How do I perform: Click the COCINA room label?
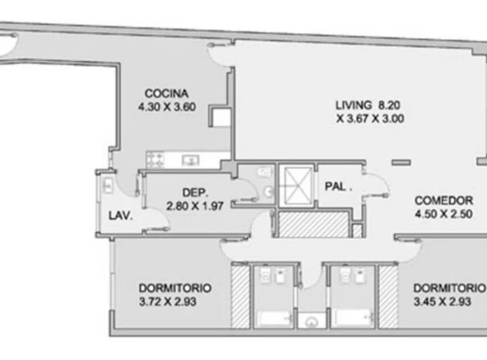click(x=166, y=93)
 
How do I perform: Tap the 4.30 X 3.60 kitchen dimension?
click(x=167, y=107)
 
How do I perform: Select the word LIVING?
click(x=354, y=105)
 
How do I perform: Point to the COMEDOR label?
click(x=444, y=200)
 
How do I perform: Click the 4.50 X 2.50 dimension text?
click(x=444, y=214)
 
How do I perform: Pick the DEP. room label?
click(x=195, y=193)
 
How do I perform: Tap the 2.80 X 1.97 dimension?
click(x=195, y=206)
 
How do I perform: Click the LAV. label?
click(x=120, y=216)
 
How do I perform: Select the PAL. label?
click(x=338, y=186)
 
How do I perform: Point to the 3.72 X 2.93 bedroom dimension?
click(x=168, y=302)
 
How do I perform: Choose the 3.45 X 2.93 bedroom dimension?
click(x=442, y=302)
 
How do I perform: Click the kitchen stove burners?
click(x=156, y=160)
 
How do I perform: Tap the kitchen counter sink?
click(x=190, y=160)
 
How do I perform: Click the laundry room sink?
click(x=108, y=185)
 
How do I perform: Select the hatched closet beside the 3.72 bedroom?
click(x=241, y=296)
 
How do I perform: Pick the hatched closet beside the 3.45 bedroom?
click(x=388, y=296)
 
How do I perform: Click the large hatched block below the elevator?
click(x=314, y=224)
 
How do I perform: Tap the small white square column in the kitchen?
click(x=221, y=117)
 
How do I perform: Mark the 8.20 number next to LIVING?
click(x=389, y=105)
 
